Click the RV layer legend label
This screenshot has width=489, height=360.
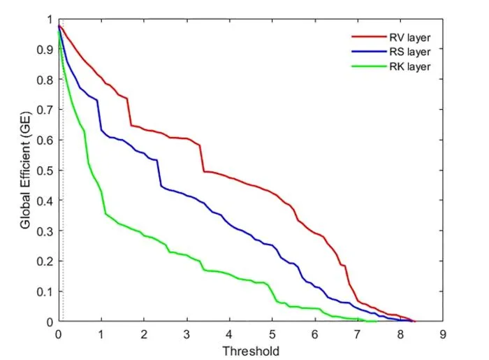(x=410, y=38)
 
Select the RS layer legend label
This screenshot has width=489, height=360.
(x=410, y=52)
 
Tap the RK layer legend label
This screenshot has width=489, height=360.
(x=410, y=66)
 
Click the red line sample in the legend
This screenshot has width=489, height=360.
(x=369, y=37)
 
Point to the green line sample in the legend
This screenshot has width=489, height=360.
(x=369, y=66)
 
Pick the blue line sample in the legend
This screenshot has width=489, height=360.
(x=369, y=51)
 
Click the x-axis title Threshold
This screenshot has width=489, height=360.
(x=251, y=352)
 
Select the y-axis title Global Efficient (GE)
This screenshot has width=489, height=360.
(x=25, y=170)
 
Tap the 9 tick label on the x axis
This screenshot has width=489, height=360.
(x=443, y=334)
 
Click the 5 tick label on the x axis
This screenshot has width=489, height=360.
(x=272, y=334)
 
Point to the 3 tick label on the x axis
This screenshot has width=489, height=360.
(x=187, y=334)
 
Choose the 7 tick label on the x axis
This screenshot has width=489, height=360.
(x=358, y=334)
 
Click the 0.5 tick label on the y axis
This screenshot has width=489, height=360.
(x=45, y=171)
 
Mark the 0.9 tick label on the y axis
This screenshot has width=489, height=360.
(x=45, y=50)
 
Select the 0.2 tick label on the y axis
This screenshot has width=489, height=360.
(x=45, y=261)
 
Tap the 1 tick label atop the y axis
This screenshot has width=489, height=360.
(x=50, y=20)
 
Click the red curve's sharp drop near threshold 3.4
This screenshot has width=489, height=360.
(x=202, y=159)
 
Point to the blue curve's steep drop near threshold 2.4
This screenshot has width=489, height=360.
(x=159, y=173)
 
